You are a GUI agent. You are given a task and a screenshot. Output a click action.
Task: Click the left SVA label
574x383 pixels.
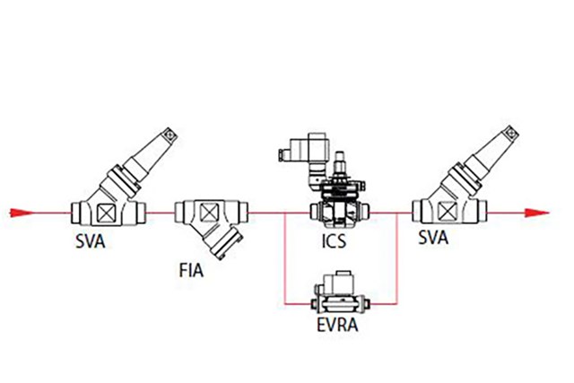tap(90, 241)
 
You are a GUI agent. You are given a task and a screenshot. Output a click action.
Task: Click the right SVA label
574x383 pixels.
tap(433, 238)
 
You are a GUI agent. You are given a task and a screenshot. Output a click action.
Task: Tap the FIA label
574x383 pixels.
tap(191, 270)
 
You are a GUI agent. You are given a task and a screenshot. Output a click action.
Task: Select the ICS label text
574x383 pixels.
tap(334, 241)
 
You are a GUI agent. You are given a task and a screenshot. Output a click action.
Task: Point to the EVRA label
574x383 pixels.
tap(337, 325)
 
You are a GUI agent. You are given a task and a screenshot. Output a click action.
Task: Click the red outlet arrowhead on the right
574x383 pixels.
tap(536, 213)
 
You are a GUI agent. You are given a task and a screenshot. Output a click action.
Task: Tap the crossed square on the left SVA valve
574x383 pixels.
tap(106, 213)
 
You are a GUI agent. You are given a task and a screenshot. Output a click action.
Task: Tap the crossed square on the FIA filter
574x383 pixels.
tap(208, 213)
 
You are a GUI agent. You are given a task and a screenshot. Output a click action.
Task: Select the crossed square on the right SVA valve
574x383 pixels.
tap(445, 212)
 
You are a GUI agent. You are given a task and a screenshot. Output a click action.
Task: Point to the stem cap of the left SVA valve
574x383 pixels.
tap(170, 135)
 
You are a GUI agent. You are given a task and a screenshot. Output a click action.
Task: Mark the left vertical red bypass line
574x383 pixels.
tap(285, 258)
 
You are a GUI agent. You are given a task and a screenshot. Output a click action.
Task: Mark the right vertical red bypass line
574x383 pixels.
tap(397, 258)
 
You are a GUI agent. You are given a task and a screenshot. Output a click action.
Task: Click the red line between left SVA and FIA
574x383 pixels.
tap(161, 213)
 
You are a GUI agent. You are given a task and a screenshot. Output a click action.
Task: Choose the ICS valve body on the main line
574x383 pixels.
tap(340, 212)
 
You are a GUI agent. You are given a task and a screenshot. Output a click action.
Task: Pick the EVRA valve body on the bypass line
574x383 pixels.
tap(341, 302)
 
